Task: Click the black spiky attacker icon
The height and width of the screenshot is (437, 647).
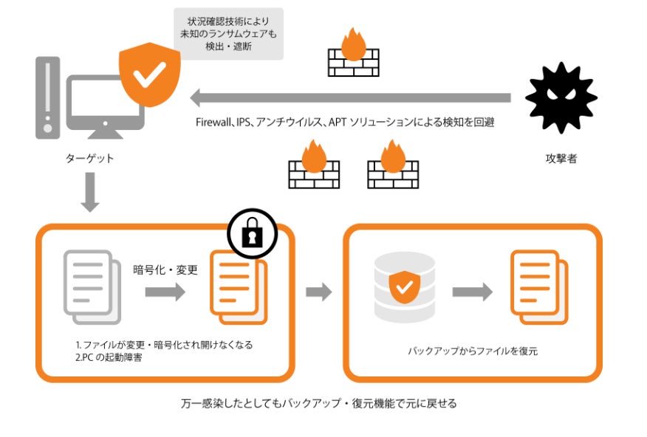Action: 561,98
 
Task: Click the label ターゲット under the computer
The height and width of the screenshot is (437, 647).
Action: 89,158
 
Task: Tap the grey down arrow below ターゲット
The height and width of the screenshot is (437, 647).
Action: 90,193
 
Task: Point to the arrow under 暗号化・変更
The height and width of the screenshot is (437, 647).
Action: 165,293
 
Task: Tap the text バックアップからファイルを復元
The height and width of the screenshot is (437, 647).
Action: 473,351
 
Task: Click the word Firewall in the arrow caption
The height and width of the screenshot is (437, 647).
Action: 213,123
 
